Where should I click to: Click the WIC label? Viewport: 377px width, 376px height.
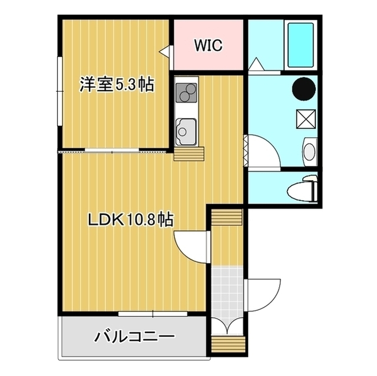coord(209,46)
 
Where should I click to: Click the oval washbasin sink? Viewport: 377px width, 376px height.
coord(309,151)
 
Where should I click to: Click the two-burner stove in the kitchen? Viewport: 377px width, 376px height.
coord(186,93)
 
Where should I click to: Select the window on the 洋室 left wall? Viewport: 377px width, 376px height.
coord(59,91)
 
